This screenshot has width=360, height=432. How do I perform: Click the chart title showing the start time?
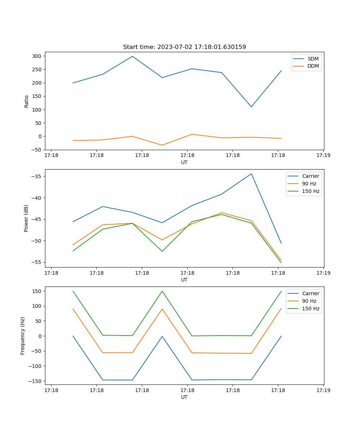coord(184,47)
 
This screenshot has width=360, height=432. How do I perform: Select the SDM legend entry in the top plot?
coord(313,59)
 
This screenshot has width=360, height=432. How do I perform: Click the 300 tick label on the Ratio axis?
coord(36,56)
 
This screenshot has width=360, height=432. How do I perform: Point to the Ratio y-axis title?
coord(26,101)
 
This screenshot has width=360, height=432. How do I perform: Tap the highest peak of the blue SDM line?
coord(132,56)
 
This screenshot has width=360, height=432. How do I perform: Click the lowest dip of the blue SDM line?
coord(251,107)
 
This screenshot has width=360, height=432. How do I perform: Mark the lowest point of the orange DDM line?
coord(162,145)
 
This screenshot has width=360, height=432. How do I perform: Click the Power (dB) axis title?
coord(26,218)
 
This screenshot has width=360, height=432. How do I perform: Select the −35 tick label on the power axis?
coord(36,176)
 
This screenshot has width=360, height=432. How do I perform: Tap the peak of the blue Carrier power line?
coord(251,174)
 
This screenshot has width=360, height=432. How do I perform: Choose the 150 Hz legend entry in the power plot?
coord(311,191)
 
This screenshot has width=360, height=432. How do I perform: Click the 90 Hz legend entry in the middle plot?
coord(309,184)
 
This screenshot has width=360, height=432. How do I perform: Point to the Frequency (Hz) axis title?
coord(23,336)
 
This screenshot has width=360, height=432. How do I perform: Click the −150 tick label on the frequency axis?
coord(35,381)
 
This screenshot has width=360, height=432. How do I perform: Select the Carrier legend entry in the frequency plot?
coord(310,293)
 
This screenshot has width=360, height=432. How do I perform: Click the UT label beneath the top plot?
coord(184,162)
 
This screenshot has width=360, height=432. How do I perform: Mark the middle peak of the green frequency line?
coord(162,291)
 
